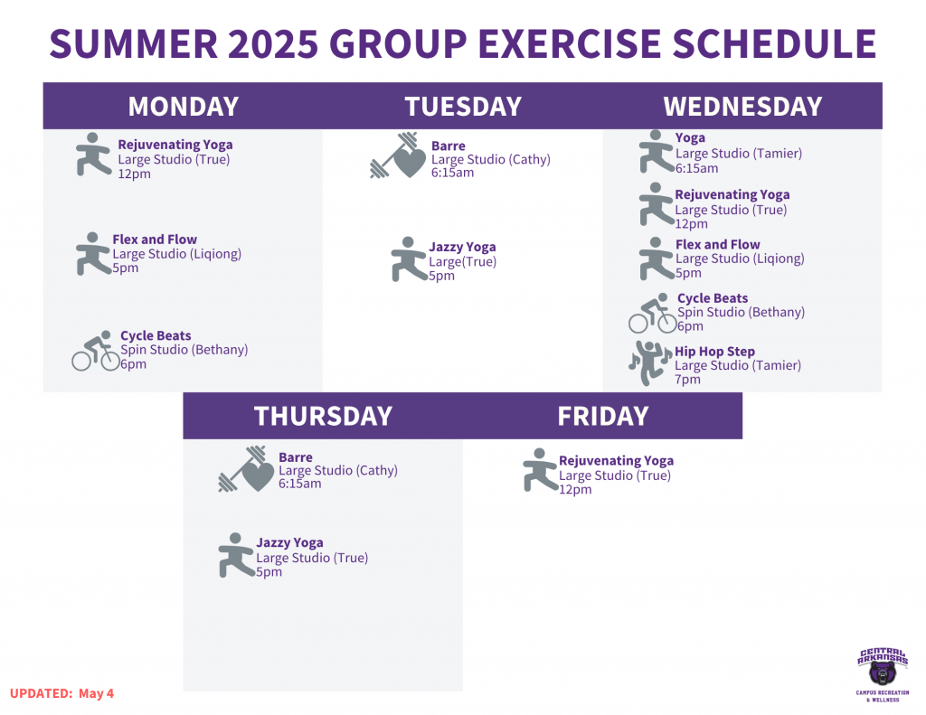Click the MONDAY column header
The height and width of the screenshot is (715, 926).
pos(183,107)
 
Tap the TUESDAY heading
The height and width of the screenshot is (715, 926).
pos(463,107)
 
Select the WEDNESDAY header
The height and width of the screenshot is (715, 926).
pos(742,107)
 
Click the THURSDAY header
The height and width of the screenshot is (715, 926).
pos(323,416)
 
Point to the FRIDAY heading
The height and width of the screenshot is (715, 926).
pos(603,416)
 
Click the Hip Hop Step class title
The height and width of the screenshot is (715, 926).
pos(714,352)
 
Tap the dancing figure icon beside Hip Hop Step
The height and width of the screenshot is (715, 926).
pos(650,363)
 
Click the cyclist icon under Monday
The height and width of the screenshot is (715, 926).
pos(96,351)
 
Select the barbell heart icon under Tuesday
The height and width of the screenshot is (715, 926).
pos(398,155)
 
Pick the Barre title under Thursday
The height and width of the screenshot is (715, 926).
pos(296,457)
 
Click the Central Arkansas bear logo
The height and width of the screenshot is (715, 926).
pos(883,674)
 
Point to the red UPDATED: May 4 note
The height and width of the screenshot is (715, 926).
pos(61,693)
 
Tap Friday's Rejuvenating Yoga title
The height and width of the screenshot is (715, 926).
pos(616,460)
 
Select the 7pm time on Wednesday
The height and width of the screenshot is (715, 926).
pos(687,380)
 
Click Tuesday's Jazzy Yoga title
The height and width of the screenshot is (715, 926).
pos(462,248)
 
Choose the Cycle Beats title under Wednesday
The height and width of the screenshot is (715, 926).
pos(713,298)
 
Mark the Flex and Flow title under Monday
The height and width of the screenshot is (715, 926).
pos(155,240)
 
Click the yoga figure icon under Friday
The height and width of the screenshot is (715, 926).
pos(541,470)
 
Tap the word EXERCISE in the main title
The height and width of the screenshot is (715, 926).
pos(570,43)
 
